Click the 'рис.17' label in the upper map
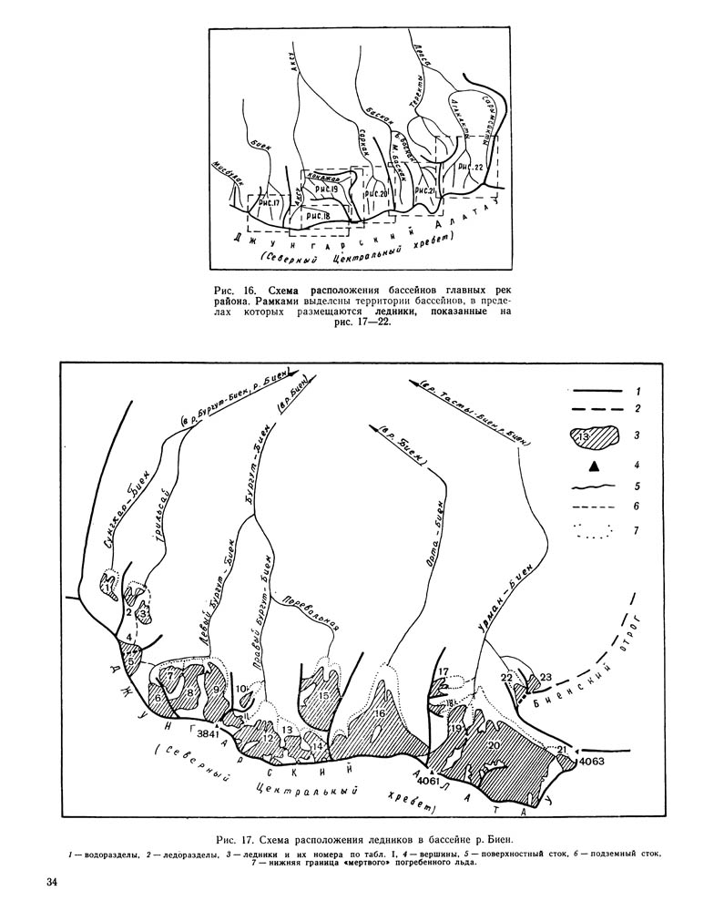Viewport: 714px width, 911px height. pos(270,203)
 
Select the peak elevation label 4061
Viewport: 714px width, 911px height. pos(426,781)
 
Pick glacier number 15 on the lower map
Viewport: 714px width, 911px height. pos(323,697)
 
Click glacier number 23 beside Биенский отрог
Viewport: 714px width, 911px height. pos(546,677)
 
